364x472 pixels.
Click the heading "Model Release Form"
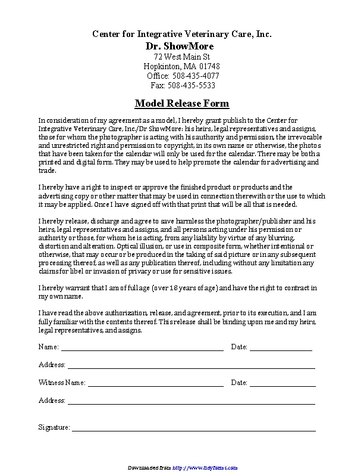coord(181,103)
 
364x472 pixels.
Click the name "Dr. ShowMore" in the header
coord(179,46)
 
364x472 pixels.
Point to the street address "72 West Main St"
coord(181,57)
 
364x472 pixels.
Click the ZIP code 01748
coord(209,66)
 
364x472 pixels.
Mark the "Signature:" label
coord(54,427)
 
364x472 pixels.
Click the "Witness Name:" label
coord(62,383)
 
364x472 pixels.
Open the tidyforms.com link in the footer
coord(205,467)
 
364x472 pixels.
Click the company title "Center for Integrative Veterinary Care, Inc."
coord(181,35)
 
